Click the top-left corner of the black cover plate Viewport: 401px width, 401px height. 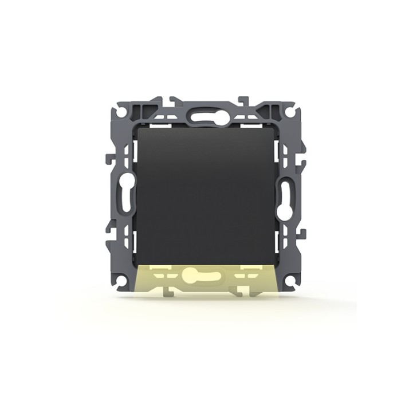point(138,129)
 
